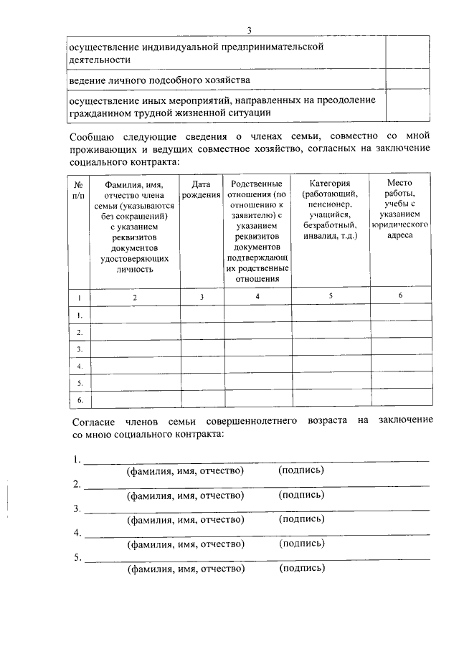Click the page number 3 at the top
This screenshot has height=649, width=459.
tap(249, 29)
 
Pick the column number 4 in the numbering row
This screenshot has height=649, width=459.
tap(258, 296)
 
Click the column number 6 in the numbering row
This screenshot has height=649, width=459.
tap(401, 295)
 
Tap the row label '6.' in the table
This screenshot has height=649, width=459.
tap(80, 399)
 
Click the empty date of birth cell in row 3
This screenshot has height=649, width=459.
tap(201, 349)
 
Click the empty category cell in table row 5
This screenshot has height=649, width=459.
tap(330, 383)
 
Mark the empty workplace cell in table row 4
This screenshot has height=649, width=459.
tap(401, 366)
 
